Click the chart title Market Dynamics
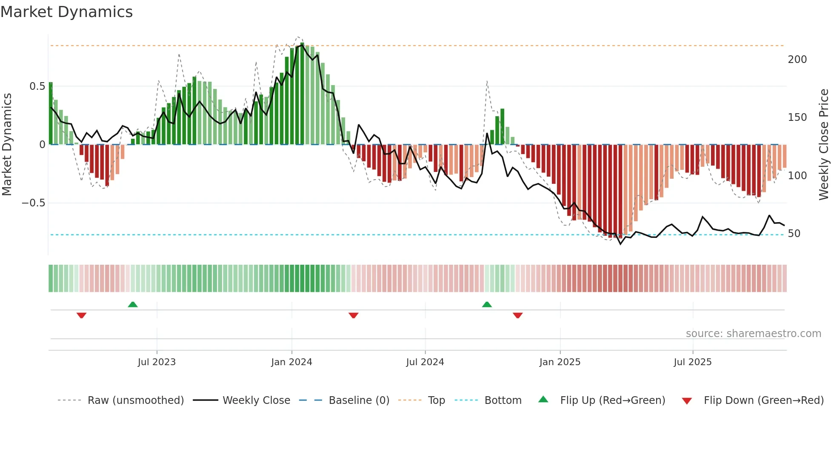pos(66,12)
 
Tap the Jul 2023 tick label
pos(157,362)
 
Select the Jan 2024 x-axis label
pos(291,362)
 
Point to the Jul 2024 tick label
pos(425,362)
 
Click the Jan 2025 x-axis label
pos(560,362)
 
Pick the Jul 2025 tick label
pos(692,362)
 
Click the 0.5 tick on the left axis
pos(37,86)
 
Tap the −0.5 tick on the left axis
pos(34,203)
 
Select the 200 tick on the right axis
pos(797,60)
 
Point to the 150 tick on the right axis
pos(797,117)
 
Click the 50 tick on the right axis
pos(794,234)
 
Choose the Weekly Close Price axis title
pos(824,144)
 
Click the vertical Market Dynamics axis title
pos(7,144)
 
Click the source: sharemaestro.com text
pos(753,334)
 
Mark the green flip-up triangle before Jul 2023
pos(133,305)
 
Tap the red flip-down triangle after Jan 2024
pos(353,315)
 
